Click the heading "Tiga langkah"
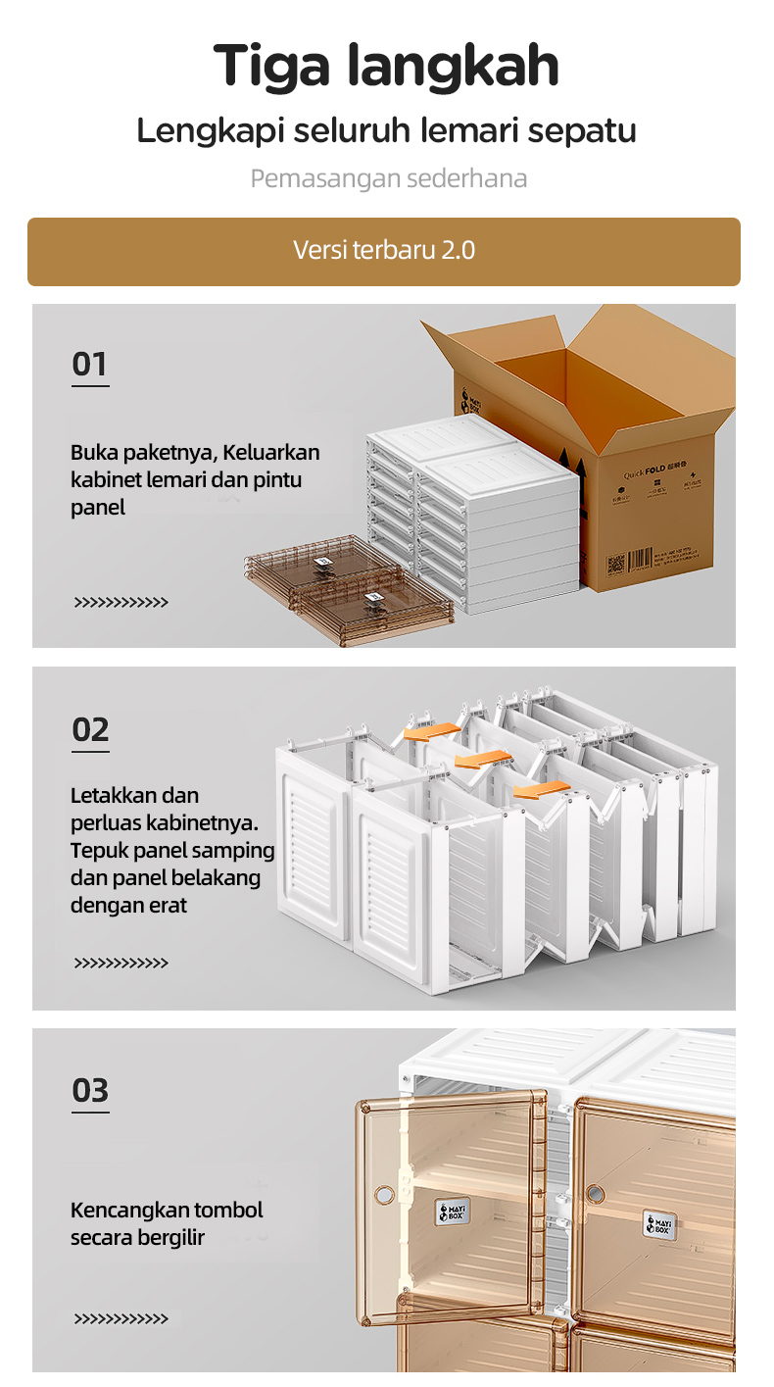(x=386, y=67)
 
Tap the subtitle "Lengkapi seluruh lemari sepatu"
(x=386, y=130)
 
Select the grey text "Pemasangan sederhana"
(x=388, y=179)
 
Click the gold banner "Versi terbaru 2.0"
(x=384, y=251)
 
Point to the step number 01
(x=89, y=365)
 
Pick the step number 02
(x=90, y=730)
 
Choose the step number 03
(x=90, y=1091)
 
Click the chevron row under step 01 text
(x=121, y=602)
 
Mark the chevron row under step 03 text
(x=121, y=1319)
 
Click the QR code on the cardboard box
(x=615, y=566)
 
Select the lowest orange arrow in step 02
(x=541, y=789)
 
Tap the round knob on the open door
(x=384, y=1195)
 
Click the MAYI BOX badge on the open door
(x=452, y=1212)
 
